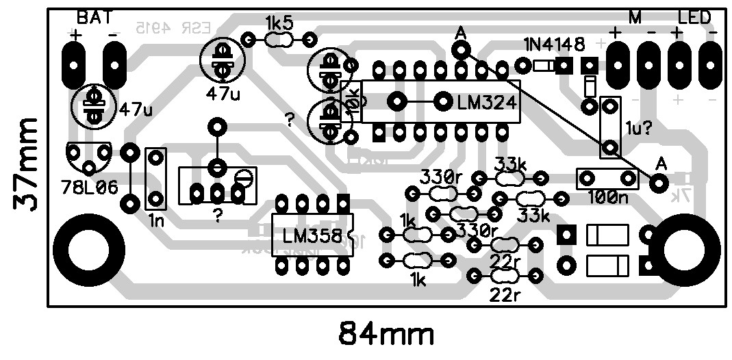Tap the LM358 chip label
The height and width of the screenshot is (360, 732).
(x=312, y=236)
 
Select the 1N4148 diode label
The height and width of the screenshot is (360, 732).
(x=555, y=46)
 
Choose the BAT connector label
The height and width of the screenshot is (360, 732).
(x=94, y=17)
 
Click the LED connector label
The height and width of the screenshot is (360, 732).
(x=694, y=18)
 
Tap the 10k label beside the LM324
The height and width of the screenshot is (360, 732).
(x=353, y=101)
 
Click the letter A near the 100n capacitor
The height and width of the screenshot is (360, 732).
(x=661, y=164)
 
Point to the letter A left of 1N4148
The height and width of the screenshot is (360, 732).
(x=460, y=32)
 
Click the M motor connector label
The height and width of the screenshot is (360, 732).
(x=635, y=18)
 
